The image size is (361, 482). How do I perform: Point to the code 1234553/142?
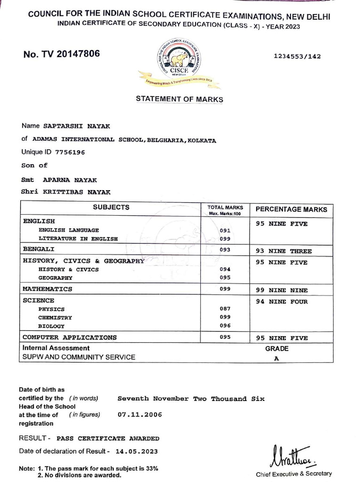click(297, 56)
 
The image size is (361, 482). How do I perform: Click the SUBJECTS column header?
click(111, 208)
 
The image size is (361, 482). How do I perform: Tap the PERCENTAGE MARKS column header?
click(291, 209)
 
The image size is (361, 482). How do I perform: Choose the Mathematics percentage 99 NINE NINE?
click(282, 289)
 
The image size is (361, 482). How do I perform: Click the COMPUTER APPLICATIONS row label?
click(70, 337)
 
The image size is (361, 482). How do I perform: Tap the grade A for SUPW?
click(276, 358)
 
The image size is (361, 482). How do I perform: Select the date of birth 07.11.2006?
click(140, 415)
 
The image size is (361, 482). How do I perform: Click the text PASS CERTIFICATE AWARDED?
click(108, 438)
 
